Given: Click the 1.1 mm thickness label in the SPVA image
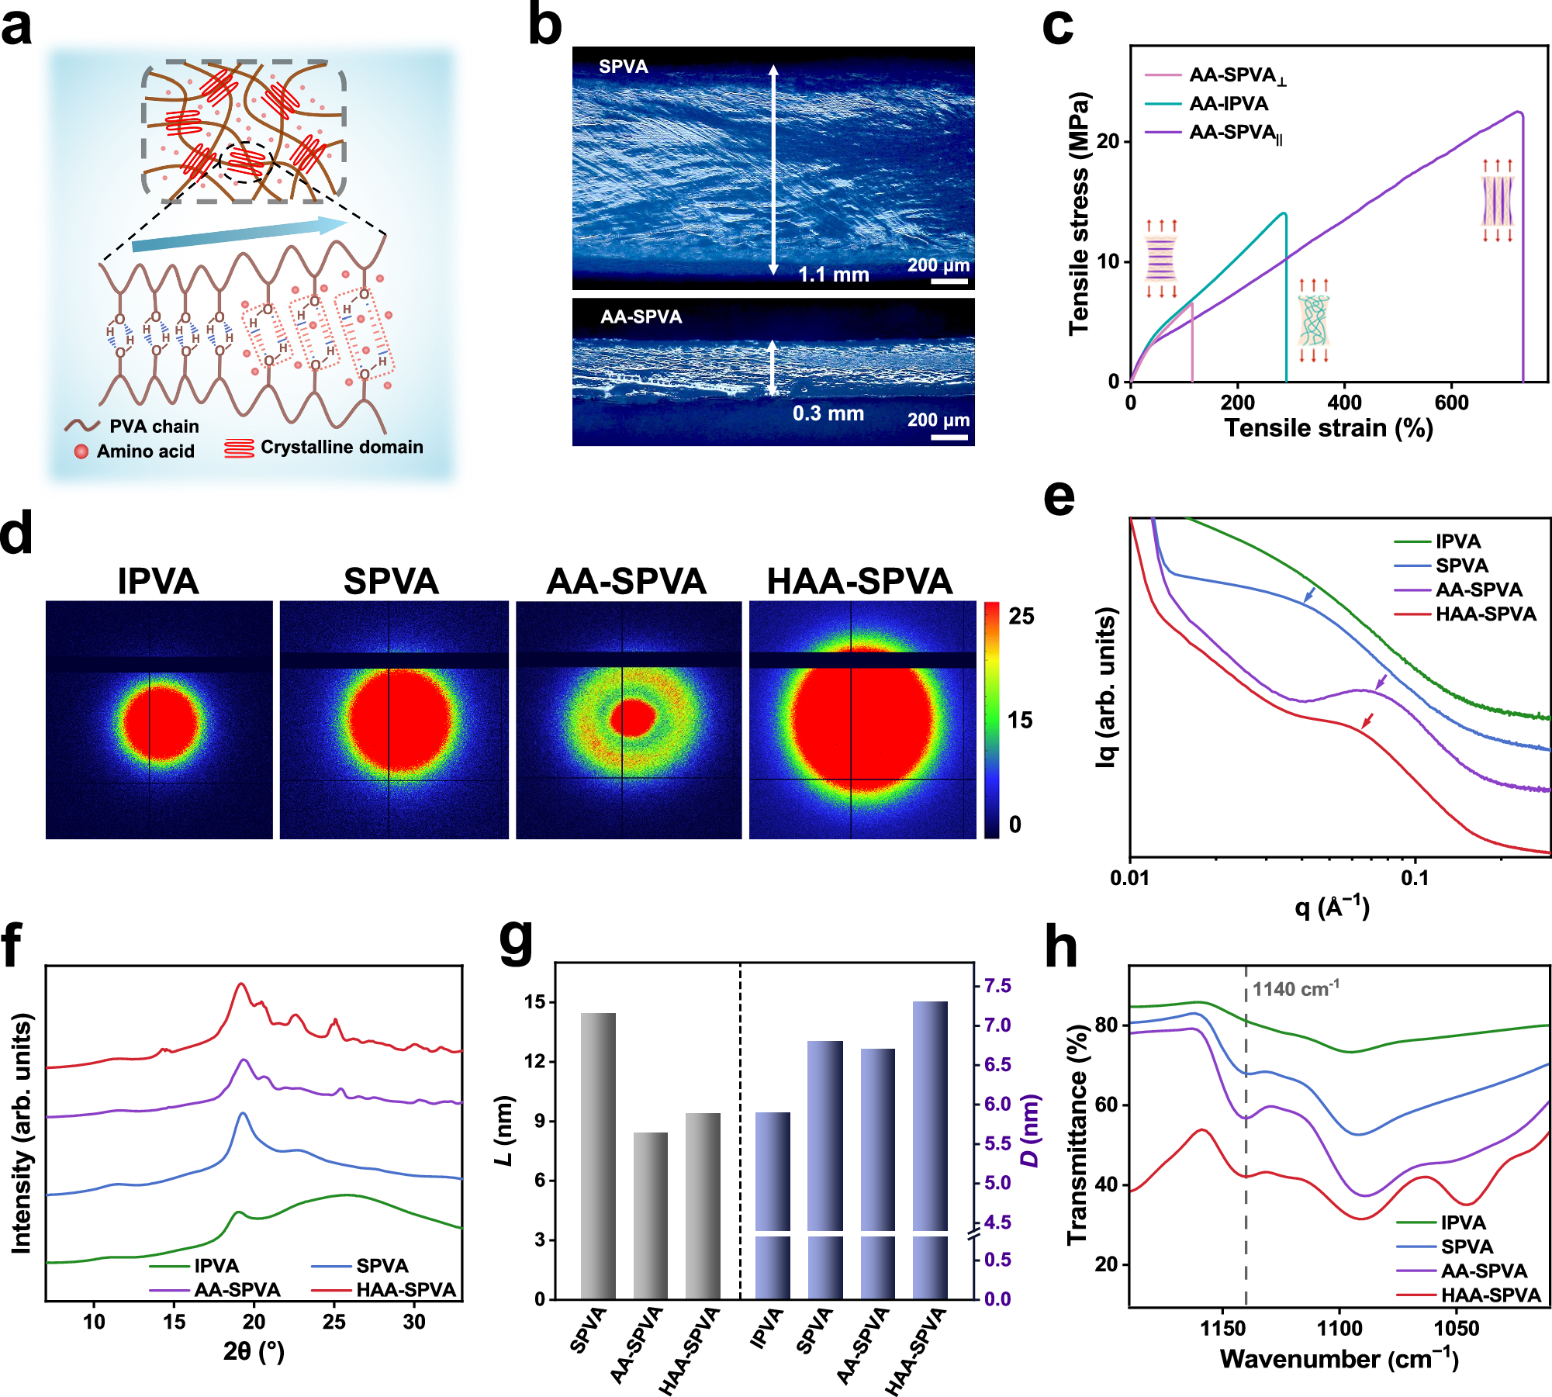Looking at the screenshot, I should click(x=833, y=275).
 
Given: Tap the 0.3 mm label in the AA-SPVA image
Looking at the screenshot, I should click(x=828, y=413).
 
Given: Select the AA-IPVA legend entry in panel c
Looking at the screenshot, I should click(x=1229, y=104).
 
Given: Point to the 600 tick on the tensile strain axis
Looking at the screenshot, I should click(x=1451, y=403).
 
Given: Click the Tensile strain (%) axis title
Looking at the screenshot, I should click(x=1328, y=428).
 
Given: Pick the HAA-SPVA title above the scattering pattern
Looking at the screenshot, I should click(x=859, y=582).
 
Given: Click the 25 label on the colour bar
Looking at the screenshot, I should click(x=1021, y=617).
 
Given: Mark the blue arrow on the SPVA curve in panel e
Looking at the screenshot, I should click(x=1309, y=595).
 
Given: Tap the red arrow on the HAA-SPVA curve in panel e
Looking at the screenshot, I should click(x=1367, y=721).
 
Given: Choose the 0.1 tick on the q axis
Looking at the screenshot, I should click(x=1415, y=879).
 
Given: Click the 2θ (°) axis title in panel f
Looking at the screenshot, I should click(x=254, y=1352).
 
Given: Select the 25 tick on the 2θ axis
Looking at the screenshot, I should click(x=334, y=1322).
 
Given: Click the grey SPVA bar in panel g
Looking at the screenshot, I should click(x=598, y=1156).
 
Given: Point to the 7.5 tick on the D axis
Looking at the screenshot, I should click(x=997, y=986).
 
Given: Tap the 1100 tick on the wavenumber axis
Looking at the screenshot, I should click(x=1339, y=1329).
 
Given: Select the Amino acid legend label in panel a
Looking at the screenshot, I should click(x=145, y=451).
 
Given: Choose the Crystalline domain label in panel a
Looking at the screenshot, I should click(x=341, y=448).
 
